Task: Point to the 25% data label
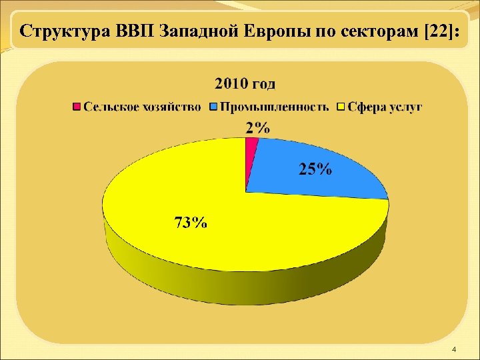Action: tap(314, 169)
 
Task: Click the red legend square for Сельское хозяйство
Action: tap(77, 107)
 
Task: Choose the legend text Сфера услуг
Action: tap(384, 107)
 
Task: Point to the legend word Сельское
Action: tap(110, 107)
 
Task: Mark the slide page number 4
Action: tap(453, 349)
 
